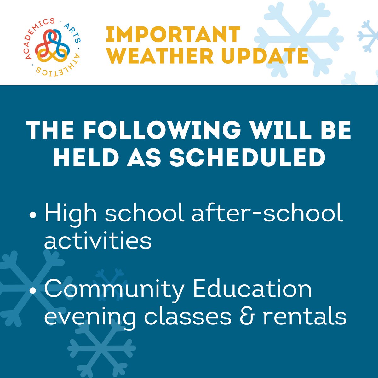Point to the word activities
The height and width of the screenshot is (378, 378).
pyautogui.click(x=98, y=241)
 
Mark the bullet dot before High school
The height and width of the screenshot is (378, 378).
pyautogui.click(x=32, y=216)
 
